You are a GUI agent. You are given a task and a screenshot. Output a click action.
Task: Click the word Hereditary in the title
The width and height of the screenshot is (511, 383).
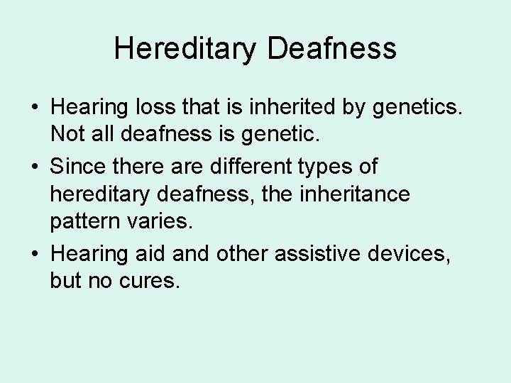coord(185,48)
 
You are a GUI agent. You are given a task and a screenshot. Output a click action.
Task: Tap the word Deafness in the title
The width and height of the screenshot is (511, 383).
coord(331,48)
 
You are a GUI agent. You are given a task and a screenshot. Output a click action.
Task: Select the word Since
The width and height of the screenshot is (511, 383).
coord(79,167)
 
